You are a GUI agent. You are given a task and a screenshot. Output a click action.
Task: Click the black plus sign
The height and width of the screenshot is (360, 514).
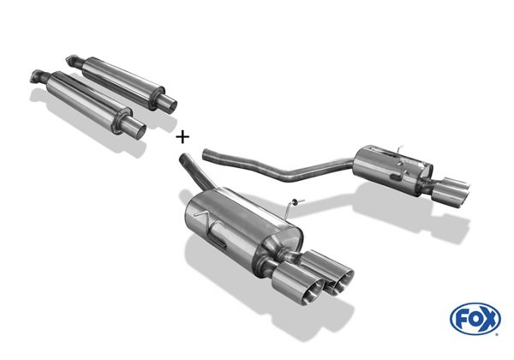coord(182,137)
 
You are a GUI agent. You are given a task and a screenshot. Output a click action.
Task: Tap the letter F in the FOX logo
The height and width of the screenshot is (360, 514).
coord(463,318)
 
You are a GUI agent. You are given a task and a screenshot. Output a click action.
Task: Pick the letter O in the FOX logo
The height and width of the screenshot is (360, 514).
coord(475,318)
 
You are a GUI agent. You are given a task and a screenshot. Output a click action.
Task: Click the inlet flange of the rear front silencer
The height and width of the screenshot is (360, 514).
coord(70,60)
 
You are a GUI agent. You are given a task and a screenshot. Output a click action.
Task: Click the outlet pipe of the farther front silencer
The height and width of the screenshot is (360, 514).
coord(170,101)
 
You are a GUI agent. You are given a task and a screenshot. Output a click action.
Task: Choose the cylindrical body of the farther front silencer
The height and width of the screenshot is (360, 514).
coord(122,78)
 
